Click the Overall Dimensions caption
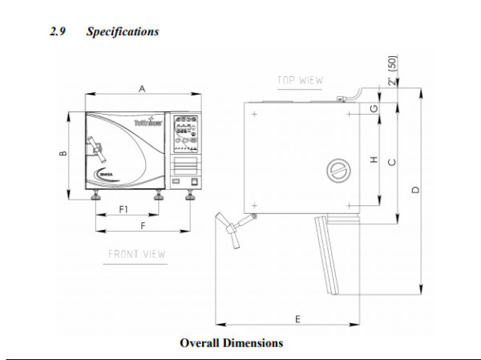pos(231,343)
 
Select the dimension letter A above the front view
pos(142,90)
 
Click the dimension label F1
pos(125,209)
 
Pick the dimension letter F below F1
pos(143,226)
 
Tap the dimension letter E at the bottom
pos(297,318)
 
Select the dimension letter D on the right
pos(414,189)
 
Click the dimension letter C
pos(391,161)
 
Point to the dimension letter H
pos(374,160)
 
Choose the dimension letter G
pos(374,107)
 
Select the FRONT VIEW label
pos(137,254)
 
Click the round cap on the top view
pos(338,171)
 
